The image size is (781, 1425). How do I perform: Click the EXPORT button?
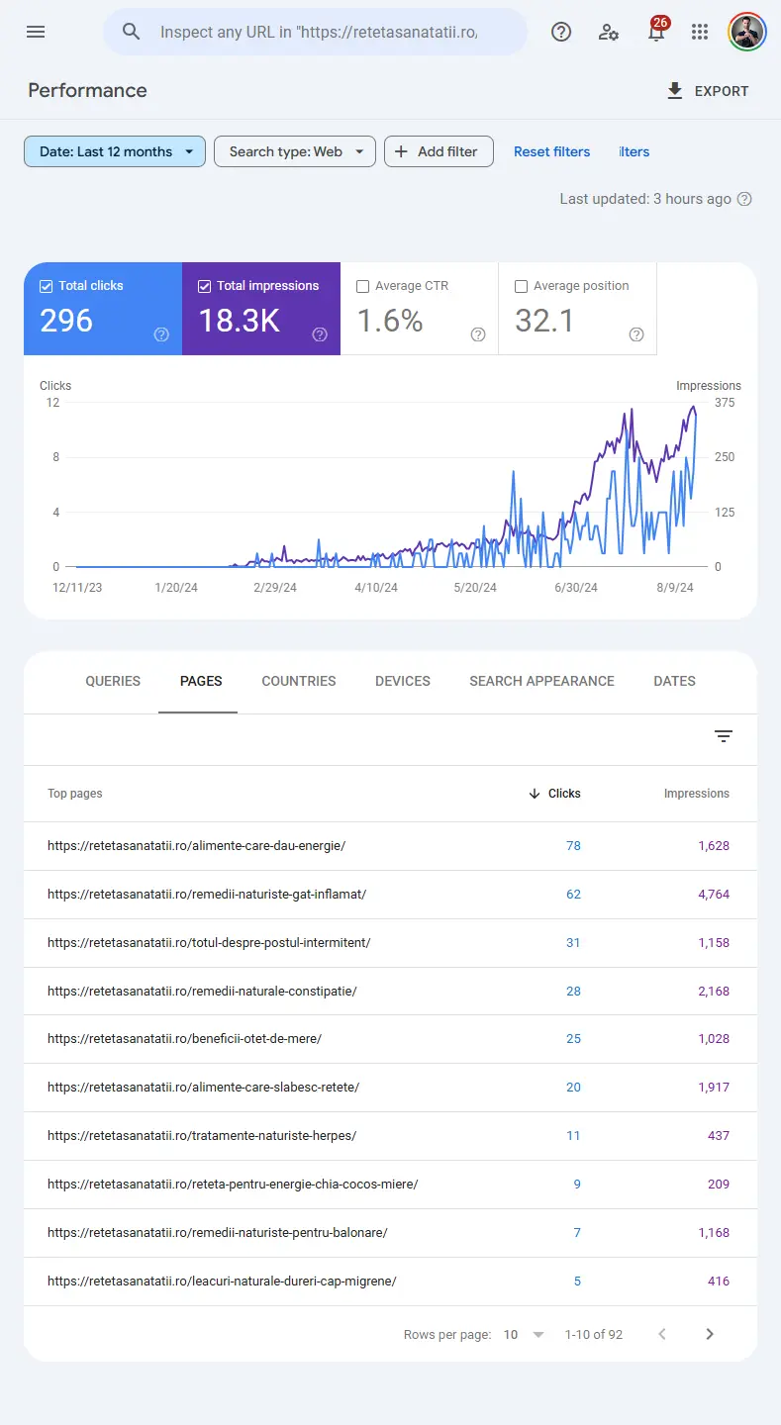[708, 91]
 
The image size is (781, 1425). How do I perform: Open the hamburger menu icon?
[36, 32]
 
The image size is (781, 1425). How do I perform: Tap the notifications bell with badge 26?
[656, 32]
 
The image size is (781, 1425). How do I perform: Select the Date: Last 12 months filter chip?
[115, 151]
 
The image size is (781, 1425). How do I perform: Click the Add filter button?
[439, 151]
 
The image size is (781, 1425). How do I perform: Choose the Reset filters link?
[551, 151]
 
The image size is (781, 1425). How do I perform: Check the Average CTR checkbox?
[362, 286]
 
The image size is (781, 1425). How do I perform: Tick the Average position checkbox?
[521, 286]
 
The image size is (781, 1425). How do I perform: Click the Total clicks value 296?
[66, 321]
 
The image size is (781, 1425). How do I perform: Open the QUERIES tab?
[113, 681]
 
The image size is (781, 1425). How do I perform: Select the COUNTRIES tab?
[299, 681]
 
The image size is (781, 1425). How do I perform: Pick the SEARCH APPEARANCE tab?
[541, 681]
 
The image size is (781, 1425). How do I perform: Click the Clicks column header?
[563, 794]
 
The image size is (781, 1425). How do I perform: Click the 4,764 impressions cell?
[713, 895]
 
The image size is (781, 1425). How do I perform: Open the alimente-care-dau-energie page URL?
[196, 846]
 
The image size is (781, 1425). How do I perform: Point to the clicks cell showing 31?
[573, 943]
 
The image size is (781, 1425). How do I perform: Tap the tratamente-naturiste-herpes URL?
[202, 1136]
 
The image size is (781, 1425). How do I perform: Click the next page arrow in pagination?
[710, 1334]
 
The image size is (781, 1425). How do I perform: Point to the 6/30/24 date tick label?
[575, 588]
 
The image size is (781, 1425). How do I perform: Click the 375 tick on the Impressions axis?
[725, 403]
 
